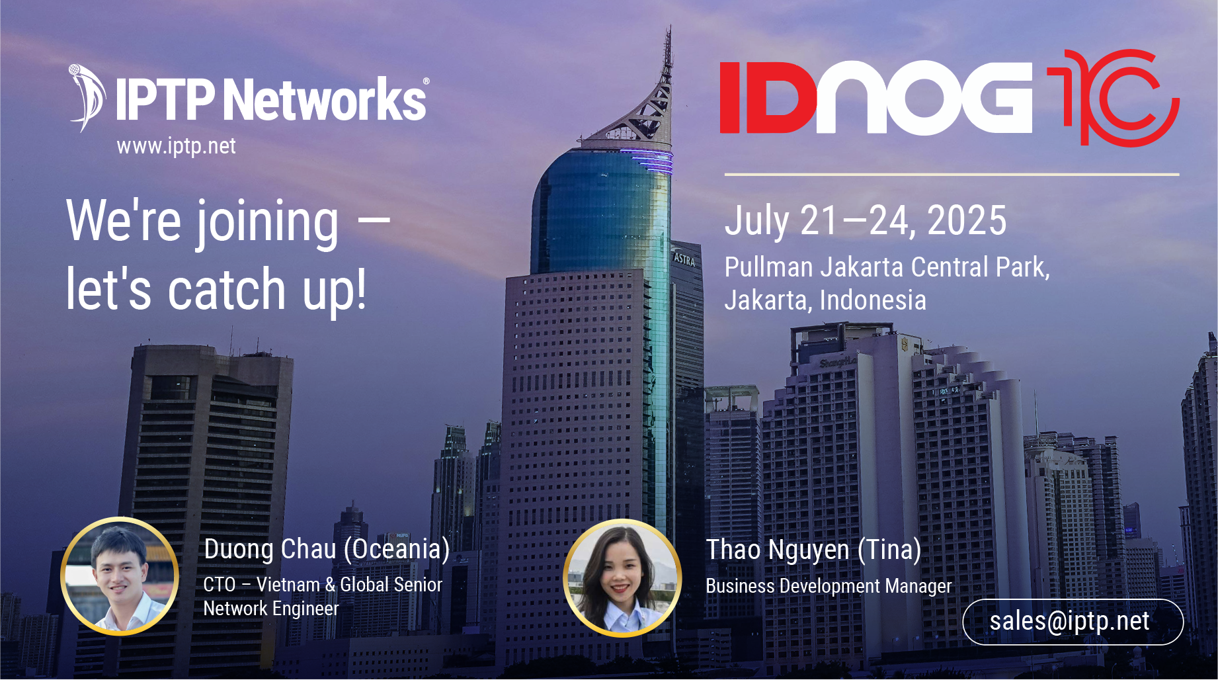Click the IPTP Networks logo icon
coord(87,98)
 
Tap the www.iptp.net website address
coord(176,146)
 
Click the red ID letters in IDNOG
coord(768,98)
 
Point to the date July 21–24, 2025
coord(866,220)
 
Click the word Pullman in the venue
coord(769,267)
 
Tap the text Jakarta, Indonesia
coord(825,300)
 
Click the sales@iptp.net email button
coord(1073,622)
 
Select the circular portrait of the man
coord(120,576)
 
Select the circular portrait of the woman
coord(622,577)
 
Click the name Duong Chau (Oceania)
coord(327,550)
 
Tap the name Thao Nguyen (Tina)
coord(813,550)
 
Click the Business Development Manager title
coord(829,586)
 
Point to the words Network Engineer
coord(271,609)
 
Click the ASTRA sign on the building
coord(684,259)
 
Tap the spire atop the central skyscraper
coord(667,53)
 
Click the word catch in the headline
coord(227,289)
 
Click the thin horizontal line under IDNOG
coord(952,175)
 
